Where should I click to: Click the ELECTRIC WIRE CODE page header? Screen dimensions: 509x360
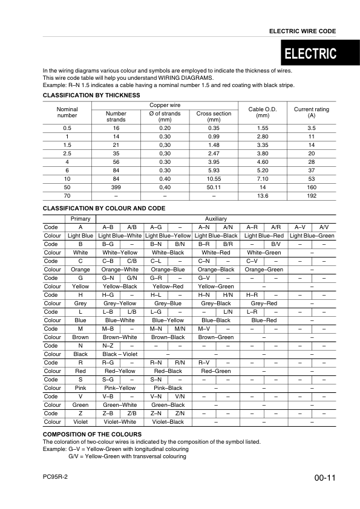(302, 31)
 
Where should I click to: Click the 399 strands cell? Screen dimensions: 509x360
(116, 187)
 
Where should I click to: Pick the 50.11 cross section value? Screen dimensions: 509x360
(214, 187)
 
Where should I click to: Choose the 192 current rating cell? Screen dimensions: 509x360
(311, 196)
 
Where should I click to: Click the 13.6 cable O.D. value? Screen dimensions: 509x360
(263, 196)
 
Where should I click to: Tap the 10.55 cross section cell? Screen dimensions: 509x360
(214, 179)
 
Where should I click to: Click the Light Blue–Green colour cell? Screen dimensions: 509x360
(312, 235)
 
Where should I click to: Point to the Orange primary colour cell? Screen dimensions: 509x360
(80, 269)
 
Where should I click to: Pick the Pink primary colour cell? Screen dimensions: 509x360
(80, 387)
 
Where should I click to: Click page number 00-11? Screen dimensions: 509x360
(325, 478)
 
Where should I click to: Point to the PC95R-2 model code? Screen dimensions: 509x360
(56, 477)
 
